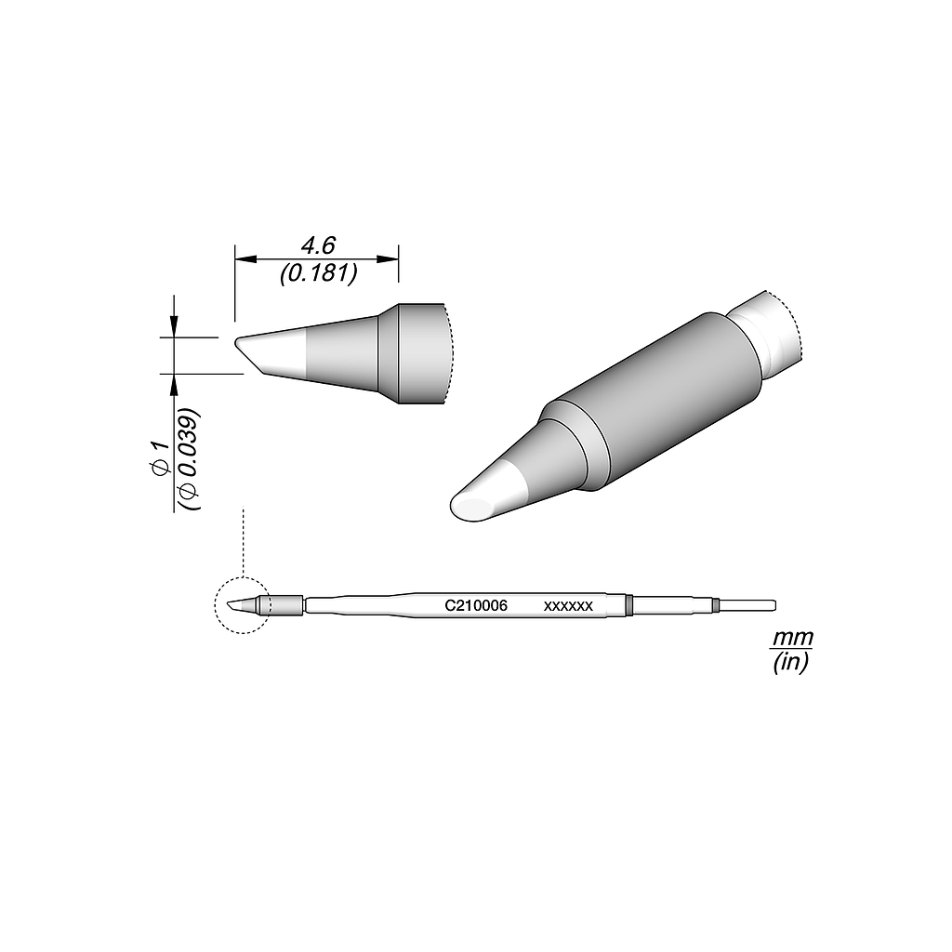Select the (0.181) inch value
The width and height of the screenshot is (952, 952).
(x=316, y=274)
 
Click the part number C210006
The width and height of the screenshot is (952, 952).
(x=475, y=605)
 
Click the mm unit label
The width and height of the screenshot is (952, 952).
(x=792, y=639)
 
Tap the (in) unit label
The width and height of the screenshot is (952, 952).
(x=792, y=662)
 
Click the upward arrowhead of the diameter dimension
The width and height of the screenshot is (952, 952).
(x=173, y=383)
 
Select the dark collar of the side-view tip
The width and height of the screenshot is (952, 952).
(x=420, y=353)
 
